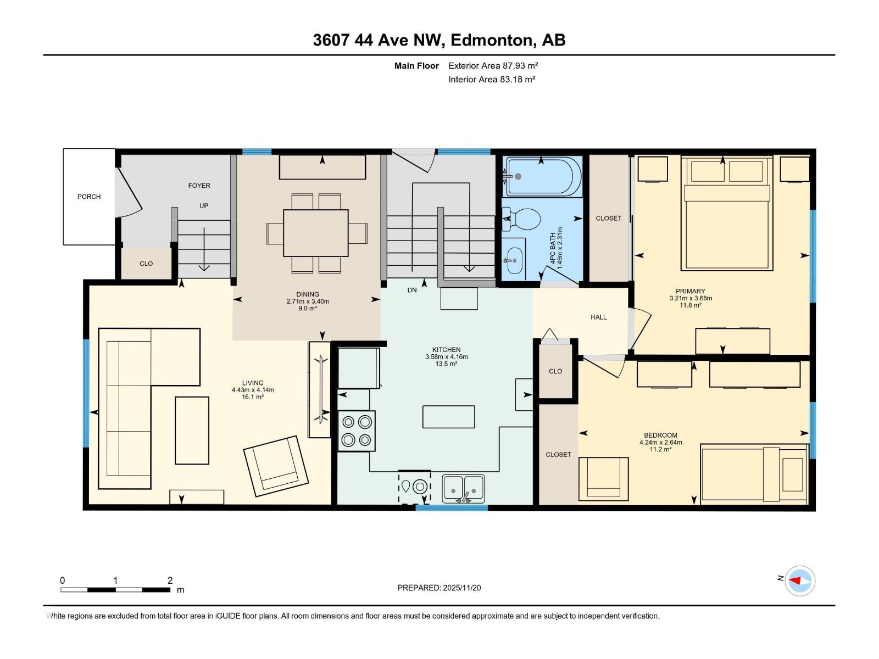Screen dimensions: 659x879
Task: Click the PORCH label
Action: click(x=89, y=197)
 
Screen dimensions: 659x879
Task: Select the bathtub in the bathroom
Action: click(x=543, y=177)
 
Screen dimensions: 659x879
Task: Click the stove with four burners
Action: click(x=357, y=431)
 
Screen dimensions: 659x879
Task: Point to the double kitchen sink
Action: click(x=463, y=488)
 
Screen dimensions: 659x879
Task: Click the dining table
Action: click(x=316, y=233)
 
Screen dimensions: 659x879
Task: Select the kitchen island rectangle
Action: click(x=448, y=417)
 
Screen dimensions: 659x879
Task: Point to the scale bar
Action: click(x=115, y=590)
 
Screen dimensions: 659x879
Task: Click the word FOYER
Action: click(x=199, y=186)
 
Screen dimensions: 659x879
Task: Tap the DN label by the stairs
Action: click(x=412, y=290)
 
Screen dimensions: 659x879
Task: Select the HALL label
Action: click(x=598, y=317)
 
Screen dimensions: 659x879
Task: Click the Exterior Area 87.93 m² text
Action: click(x=493, y=65)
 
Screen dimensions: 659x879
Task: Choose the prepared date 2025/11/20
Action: click(x=439, y=588)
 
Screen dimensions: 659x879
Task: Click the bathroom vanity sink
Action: click(x=514, y=259)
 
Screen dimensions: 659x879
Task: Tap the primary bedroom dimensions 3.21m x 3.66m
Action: click(x=691, y=298)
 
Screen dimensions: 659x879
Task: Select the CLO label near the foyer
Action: click(x=146, y=264)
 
